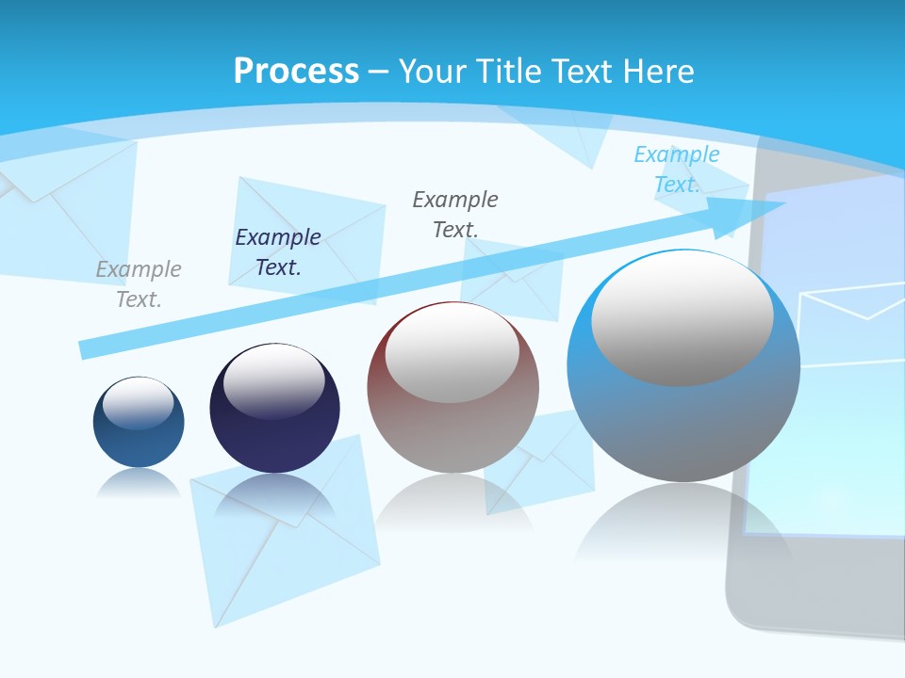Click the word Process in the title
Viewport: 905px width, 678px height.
coord(296,72)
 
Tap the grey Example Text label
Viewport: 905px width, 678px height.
coord(139,284)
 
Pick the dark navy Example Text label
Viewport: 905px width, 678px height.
coord(278,252)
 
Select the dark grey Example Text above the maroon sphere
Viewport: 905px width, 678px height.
coord(455,214)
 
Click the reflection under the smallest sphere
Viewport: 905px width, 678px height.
coord(139,484)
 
